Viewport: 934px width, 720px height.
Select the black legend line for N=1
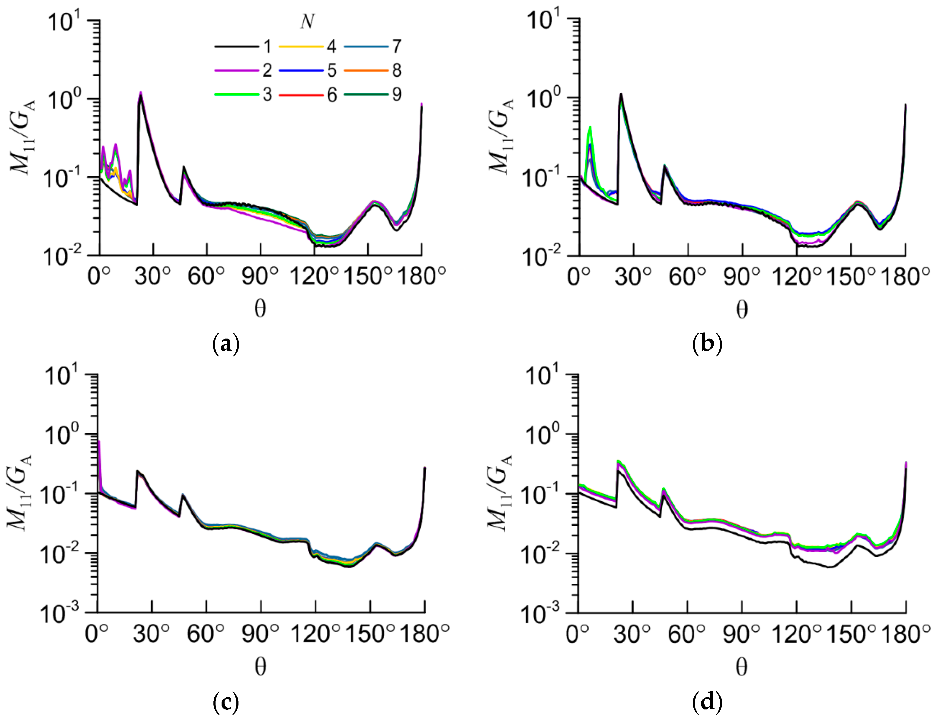point(236,46)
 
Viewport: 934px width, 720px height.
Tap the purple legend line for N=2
point(236,70)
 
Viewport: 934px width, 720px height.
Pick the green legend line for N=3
point(236,95)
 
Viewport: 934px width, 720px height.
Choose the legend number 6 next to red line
point(332,95)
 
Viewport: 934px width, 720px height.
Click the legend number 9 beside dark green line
point(396,95)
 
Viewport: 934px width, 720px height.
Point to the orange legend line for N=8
point(366,70)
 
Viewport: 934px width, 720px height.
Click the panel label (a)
point(226,343)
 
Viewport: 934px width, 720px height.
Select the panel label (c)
point(226,702)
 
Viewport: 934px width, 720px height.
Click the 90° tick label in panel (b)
point(742,277)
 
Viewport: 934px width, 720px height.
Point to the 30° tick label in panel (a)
point(153,276)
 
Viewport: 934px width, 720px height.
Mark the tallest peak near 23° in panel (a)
point(140,92)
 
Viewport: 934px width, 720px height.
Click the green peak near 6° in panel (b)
point(590,127)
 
